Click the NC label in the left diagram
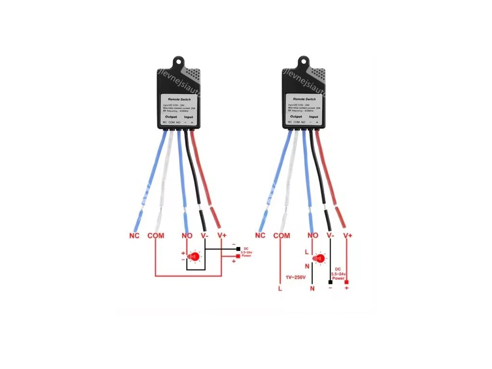point(135,236)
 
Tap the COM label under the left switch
point(156,236)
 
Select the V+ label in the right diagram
point(347,236)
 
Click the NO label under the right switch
point(313,236)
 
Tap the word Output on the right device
point(296,116)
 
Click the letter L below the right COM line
point(280,289)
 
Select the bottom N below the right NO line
point(312,289)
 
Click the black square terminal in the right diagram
point(330,282)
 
